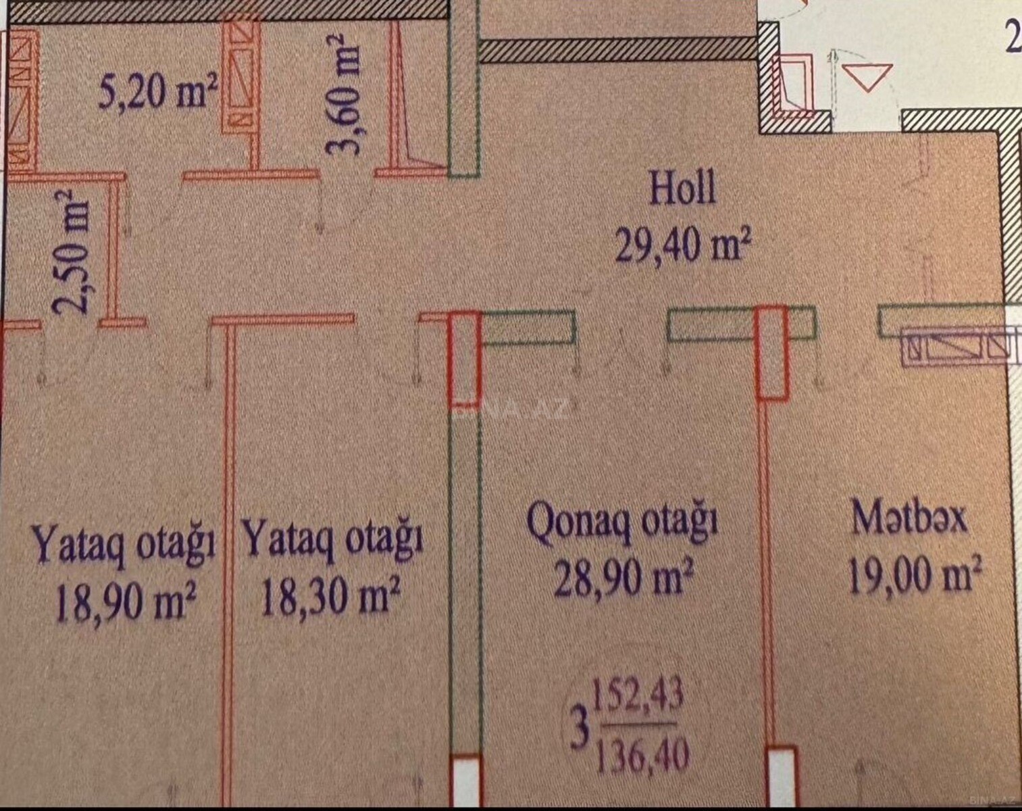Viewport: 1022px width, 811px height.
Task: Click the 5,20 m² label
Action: click(x=157, y=92)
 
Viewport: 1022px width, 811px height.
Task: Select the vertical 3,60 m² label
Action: click(x=342, y=93)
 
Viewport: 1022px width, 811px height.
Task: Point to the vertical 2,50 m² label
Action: click(x=71, y=253)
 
